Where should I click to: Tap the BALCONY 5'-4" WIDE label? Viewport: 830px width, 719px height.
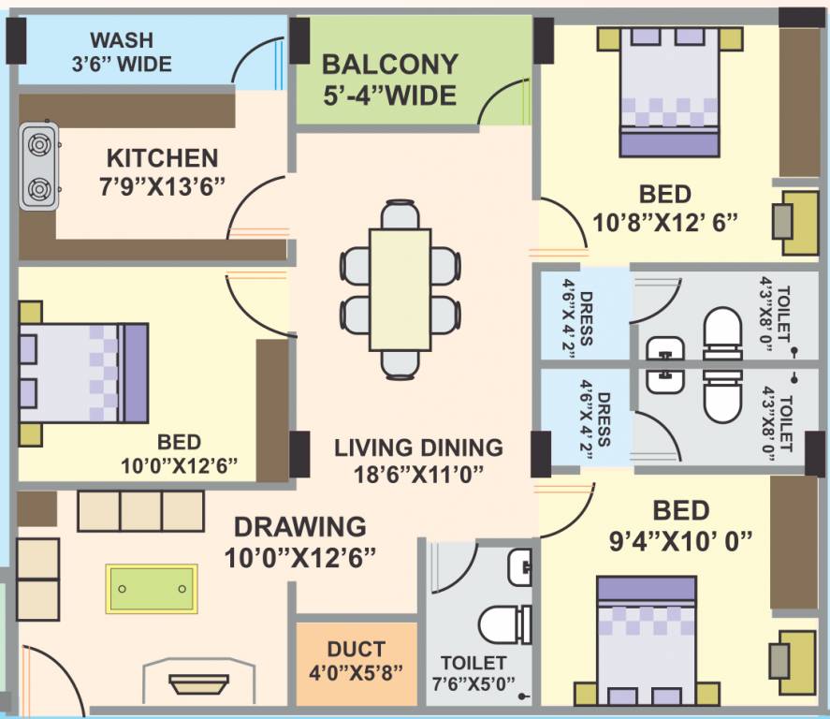389,80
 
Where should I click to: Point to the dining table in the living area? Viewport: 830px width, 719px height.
400,288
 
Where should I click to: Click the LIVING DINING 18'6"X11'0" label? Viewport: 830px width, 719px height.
418,460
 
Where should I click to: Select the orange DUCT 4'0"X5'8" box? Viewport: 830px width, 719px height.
357,661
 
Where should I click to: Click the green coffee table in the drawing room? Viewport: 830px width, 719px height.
151,588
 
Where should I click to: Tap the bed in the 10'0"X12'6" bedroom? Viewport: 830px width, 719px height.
84,373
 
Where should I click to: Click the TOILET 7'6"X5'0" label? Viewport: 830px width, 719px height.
475,671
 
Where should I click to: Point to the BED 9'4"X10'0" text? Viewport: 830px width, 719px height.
680,525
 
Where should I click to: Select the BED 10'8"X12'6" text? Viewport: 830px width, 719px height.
665,208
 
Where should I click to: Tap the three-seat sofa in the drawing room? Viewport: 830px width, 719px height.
140,511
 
